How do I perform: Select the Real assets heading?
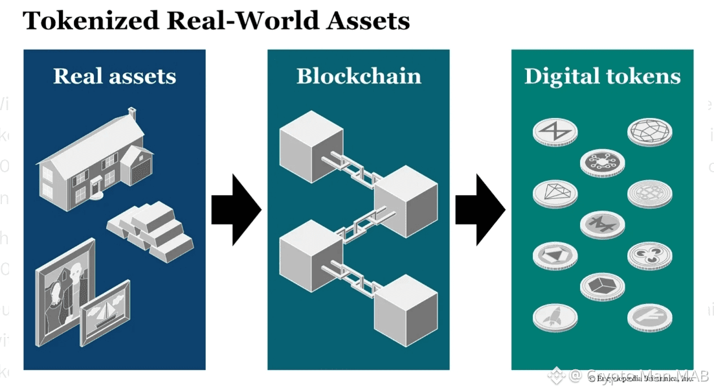[x=115, y=76]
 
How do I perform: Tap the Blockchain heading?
[x=359, y=76]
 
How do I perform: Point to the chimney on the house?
[x=133, y=113]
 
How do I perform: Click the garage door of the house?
[x=142, y=172]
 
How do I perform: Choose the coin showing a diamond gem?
[x=554, y=192]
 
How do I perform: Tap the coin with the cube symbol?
[x=602, y=285]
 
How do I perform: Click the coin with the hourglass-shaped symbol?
[x=555, y=132]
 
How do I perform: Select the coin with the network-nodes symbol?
[x=602, y=161]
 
